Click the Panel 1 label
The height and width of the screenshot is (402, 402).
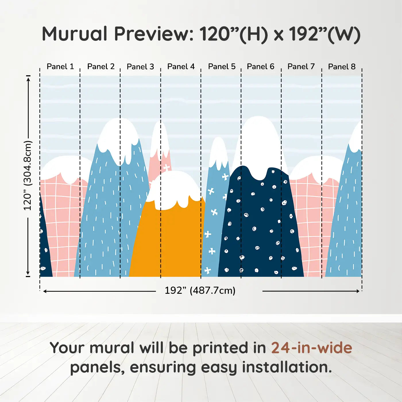coord(60,67)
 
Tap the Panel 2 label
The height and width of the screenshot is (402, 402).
coord(101,67)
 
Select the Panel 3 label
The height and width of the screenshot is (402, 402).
coord(140,67)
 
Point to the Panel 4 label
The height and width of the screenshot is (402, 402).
coord(181,67)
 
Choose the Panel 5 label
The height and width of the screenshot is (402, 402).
coord(222,67)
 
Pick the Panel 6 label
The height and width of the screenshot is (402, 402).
coord(260,67)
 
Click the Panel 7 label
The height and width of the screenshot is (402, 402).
coord(301,67)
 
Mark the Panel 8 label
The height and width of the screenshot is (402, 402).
coord(342,67)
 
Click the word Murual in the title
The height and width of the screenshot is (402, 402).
coord(75,34)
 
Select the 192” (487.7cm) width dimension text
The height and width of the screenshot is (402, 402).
coord(200,290)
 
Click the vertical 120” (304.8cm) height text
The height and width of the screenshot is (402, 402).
coord(28,175)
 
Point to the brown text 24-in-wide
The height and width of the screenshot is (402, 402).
coord(312,347)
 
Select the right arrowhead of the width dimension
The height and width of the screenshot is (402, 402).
coord(357,291)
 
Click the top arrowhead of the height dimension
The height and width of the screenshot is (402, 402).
coord(29,79)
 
